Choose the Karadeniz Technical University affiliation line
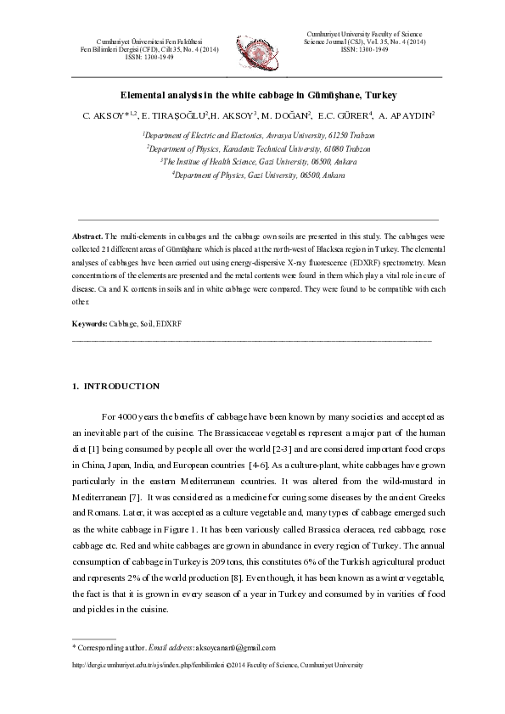(260, 148)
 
